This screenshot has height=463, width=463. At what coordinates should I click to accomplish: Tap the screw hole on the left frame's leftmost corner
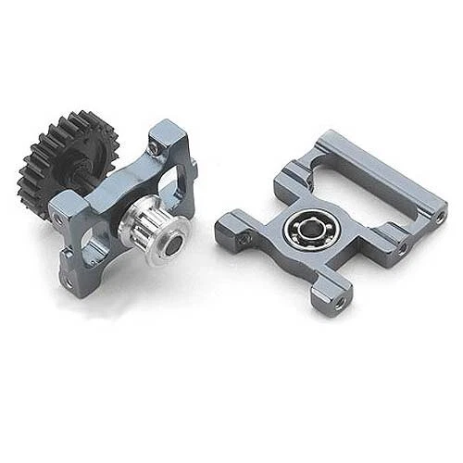pyautogui.click(x=60, y=219)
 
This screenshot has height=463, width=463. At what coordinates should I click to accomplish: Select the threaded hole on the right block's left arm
pyautogui.click(x=244, y=238)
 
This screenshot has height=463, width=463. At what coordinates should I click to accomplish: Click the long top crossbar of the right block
pyautogui.click(x=389, y=181)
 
